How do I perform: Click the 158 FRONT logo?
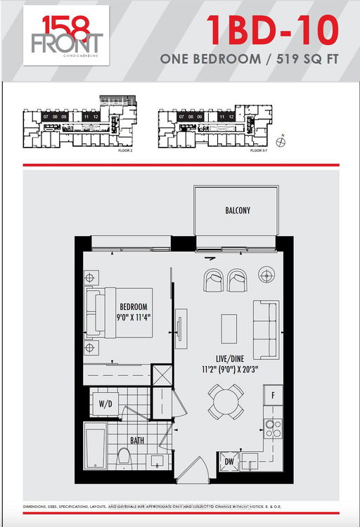(63, 35)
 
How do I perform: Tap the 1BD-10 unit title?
(272, 30)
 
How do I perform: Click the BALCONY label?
(238, 210)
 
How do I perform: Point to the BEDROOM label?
(134, 307)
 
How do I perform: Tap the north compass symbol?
(281, 143)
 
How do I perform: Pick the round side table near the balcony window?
(266, 275)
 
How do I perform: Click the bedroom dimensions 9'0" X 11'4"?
(134, 318)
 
